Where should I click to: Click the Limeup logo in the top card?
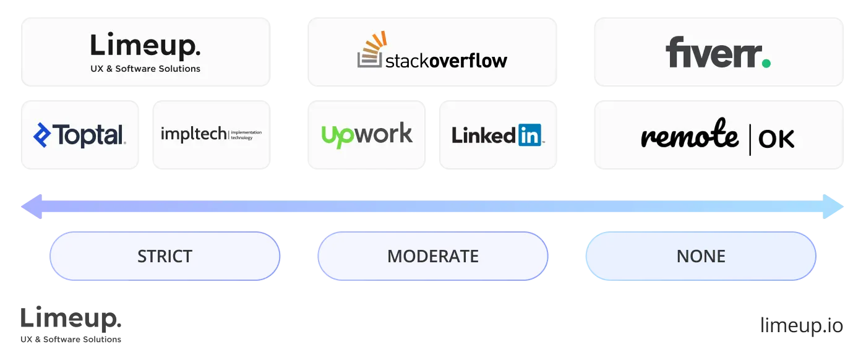coord(145,47)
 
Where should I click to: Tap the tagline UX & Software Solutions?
coord(145,69)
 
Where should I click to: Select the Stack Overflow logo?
coord(432,52)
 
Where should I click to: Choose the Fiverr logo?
coord(718,53)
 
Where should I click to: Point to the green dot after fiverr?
coord(766,63)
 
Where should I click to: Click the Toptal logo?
coord(79,135)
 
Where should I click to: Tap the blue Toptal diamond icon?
coord(42,135)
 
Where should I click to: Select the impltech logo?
coord(211,134)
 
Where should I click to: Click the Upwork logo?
coord(367,134)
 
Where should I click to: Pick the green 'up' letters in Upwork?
coord(337,135)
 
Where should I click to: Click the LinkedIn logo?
coord(497,135)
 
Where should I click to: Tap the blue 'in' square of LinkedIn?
coord(530,135)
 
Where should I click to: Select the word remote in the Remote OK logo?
coord(689,136)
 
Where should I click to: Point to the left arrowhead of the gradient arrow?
coord(31,207)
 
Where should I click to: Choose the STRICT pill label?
coord(165,256)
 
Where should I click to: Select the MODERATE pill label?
coord(433,256)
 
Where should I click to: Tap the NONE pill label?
coord(701,256)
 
